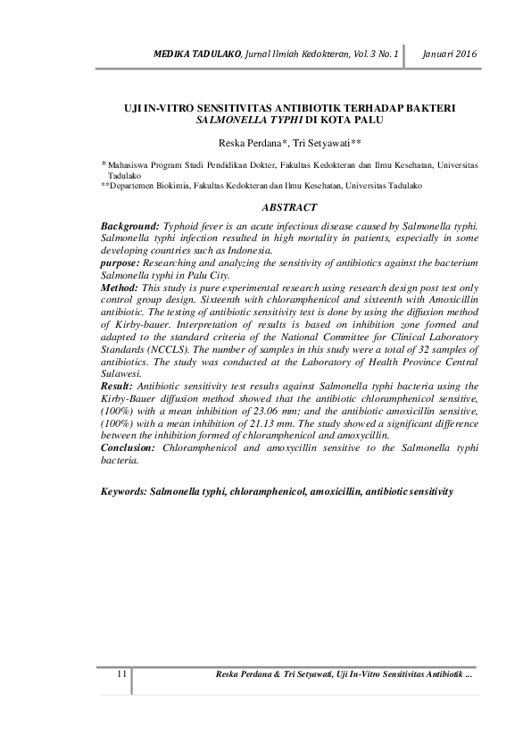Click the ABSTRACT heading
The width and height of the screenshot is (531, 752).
(289, 207)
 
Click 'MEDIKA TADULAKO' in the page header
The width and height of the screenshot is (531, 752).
(190, 55)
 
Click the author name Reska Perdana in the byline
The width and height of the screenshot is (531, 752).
(250, 143)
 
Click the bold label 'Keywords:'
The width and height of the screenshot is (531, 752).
(124, 492)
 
